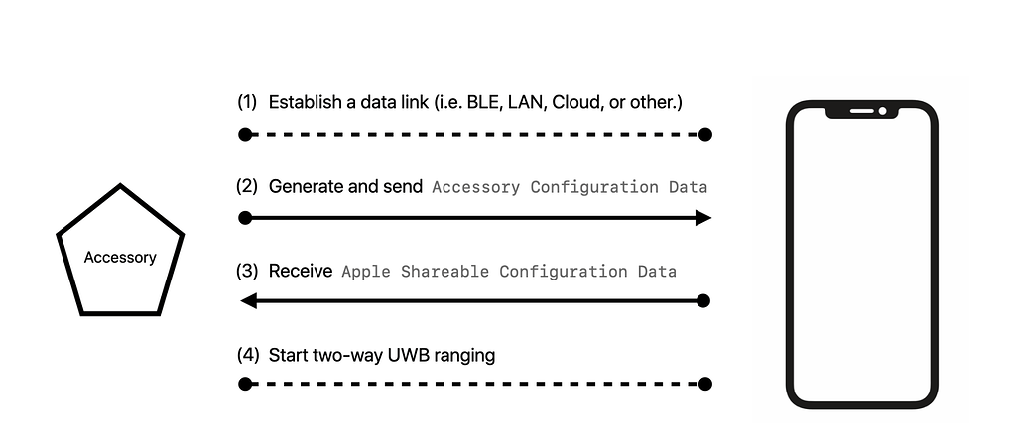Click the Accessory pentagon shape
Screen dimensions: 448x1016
120,256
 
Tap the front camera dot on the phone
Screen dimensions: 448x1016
882,110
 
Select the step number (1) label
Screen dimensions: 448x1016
247,102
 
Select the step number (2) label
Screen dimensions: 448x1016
247,186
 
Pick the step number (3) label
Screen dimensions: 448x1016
247,271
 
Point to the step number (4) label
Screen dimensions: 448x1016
247,354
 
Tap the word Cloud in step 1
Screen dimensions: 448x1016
574,102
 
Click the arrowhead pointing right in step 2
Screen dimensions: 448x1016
703,218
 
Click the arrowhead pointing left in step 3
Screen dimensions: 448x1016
249,300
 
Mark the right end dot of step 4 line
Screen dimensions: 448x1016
705,384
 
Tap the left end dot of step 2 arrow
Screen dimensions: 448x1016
244,218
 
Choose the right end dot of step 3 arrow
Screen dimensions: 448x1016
705,300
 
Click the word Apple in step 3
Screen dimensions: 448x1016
366,271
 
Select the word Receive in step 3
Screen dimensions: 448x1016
300,271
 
